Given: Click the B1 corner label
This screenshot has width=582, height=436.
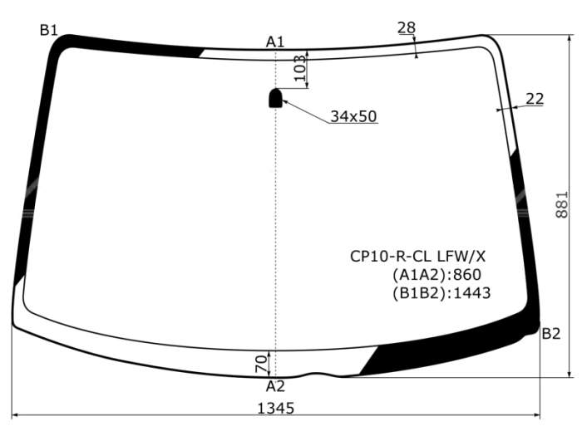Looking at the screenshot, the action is [49, 30].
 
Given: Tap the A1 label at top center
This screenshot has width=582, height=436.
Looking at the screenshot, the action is [275, 42].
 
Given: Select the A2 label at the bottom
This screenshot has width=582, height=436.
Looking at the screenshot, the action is [275, 386].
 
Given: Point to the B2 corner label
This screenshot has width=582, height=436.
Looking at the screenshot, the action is [550, 334].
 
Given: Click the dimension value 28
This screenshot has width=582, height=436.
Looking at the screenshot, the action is [407, 27].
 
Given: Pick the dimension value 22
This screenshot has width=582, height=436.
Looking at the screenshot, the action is [535, 99].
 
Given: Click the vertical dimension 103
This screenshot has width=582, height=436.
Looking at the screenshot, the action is [300, 68].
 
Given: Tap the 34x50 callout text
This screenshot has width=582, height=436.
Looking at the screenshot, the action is [353, 116].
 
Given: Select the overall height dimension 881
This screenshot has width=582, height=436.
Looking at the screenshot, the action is [562, 204].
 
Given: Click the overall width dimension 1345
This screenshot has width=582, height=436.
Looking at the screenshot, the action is [276, 409].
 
